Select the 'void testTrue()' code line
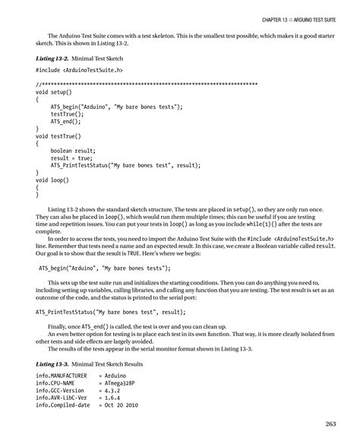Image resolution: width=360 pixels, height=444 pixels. tap(58, 135)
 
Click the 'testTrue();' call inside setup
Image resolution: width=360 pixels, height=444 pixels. tap(68, 113)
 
